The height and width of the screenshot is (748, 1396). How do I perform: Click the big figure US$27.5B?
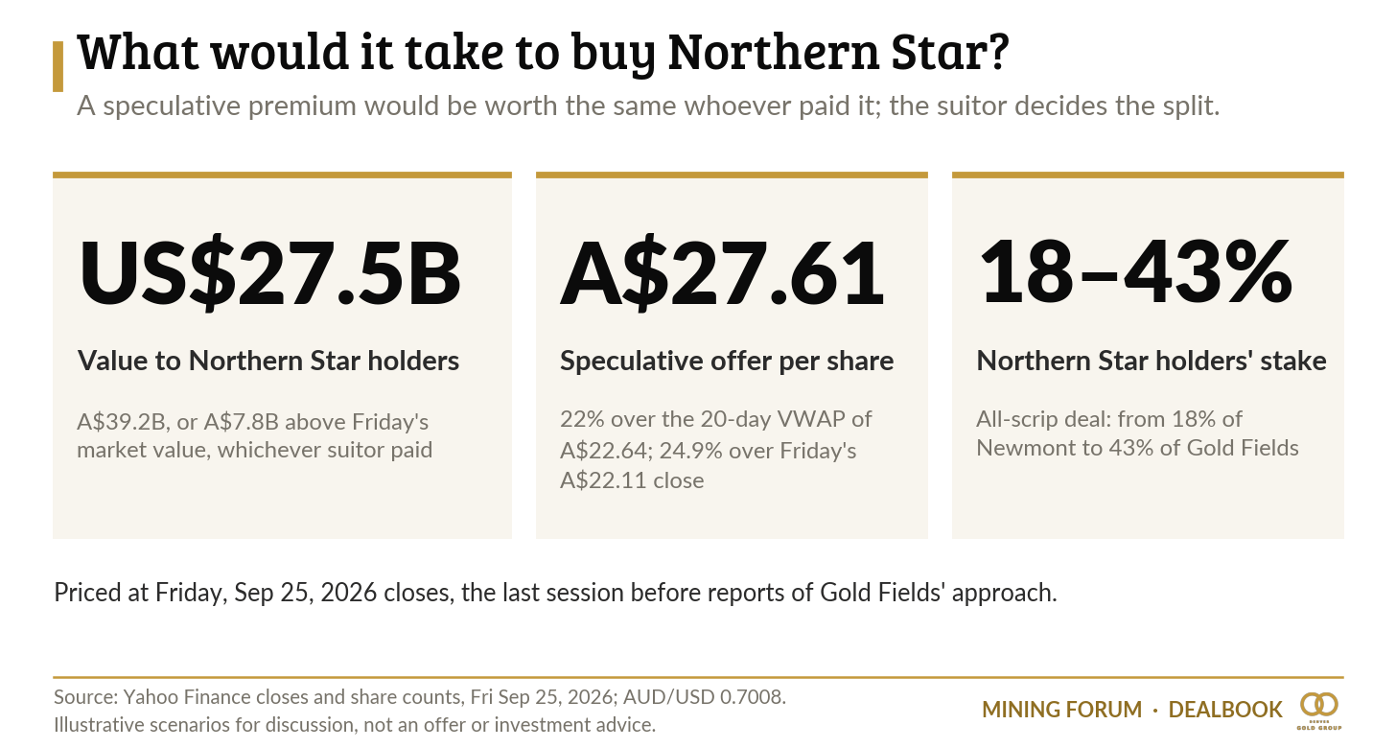269,273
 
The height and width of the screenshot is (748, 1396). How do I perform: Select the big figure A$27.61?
722,273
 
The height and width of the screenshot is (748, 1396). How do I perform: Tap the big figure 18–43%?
1135,271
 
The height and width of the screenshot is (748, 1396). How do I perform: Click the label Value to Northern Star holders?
268,361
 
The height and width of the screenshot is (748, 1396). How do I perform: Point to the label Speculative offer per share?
727,361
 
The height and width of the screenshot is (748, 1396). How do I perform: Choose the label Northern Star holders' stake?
1152,361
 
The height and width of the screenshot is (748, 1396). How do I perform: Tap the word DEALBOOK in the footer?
1225,710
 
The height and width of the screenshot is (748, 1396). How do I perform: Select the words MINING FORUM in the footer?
1062,710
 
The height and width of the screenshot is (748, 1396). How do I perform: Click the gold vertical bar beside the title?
58,67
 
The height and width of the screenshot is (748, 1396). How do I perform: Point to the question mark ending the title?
997,51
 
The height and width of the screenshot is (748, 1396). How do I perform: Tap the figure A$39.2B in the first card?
122,422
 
